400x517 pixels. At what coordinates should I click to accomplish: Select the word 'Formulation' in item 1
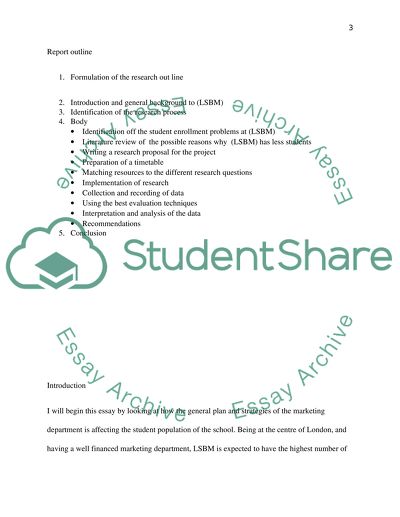(x=91, y=76)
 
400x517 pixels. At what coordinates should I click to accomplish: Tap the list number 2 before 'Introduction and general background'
(x=61, y=102)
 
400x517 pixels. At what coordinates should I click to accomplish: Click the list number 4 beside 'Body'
(x=61, y=122)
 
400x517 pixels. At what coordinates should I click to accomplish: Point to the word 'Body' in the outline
(x=78, y=122)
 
